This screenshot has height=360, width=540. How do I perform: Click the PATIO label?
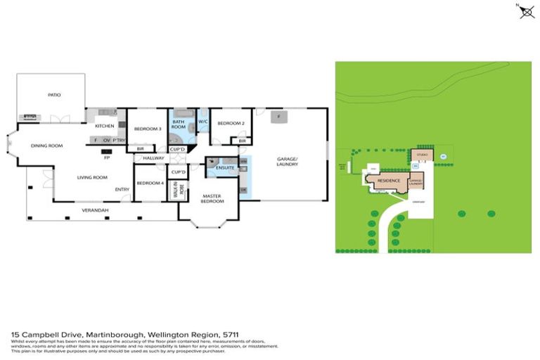click(x=54, y=94)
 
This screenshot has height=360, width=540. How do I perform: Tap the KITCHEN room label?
click(x=104, y=126)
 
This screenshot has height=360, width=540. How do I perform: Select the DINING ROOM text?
click(x=46, y=146)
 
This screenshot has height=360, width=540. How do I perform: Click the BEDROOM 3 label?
click(x=148, y=128)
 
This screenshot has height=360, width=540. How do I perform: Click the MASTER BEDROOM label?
click(x=212, y=198)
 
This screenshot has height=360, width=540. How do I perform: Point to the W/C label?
click(x=202, y=122)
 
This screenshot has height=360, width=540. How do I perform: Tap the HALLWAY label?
click(x=153, y=159)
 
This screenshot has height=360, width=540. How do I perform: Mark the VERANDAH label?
click(x=94, y=210)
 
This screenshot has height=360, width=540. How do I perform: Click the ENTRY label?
click(x=122, y=188)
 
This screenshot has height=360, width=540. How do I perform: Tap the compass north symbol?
click(x=526, y=11)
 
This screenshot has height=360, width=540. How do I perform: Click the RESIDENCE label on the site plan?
click(x=389, y=181)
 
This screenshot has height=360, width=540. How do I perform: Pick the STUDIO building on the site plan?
click(x=422, y=153)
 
